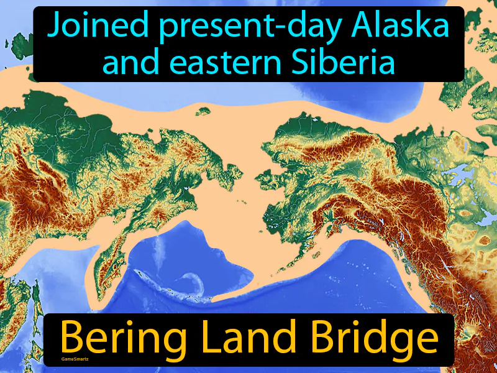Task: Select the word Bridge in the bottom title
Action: point(363,339)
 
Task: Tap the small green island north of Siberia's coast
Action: point(201,112)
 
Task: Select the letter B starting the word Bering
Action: point(69,339)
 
